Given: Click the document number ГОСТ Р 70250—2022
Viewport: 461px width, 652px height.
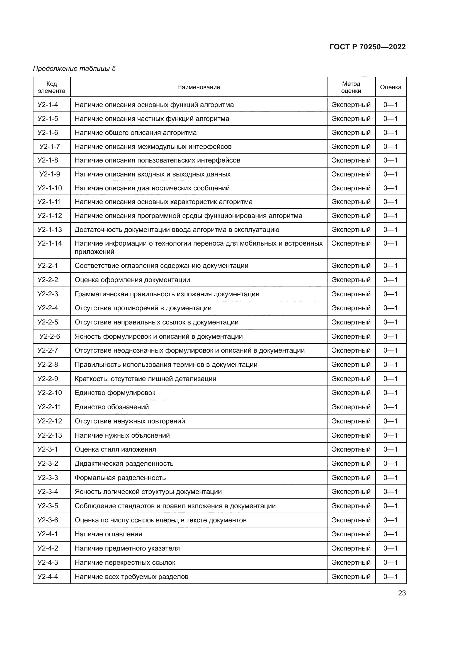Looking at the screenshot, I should tap(368, 47).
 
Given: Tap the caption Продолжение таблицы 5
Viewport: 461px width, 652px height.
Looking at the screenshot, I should tap(74, 69).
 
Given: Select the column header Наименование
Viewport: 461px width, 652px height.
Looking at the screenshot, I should tap(198, 87).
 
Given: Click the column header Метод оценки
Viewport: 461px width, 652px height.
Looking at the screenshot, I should tap(351, 87).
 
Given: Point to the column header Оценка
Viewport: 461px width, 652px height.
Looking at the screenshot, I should tap(390, 87).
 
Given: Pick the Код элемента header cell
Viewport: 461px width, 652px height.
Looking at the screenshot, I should tap(51, 87).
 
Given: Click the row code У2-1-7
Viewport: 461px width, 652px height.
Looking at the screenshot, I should tap(50, 147).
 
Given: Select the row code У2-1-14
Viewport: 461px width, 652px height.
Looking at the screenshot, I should tap(50, 243).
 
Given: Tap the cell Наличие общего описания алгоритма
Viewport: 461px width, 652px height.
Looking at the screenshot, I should tap(135, 133).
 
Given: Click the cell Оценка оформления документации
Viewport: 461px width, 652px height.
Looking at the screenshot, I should tap(132, 280).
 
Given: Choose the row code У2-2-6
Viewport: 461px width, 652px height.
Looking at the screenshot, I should tap(50, 336).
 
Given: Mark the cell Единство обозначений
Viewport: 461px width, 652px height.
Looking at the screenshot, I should tap(111, 407).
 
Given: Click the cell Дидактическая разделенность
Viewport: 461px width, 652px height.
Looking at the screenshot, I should tap(124, 464).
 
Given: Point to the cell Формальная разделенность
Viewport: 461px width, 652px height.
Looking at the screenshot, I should tap(120, 478).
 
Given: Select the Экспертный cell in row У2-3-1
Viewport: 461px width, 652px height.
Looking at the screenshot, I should tap(351, 450).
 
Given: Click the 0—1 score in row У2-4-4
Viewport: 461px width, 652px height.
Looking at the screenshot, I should tap(390, 577).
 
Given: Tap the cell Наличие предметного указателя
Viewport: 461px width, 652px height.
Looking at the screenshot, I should tap(127, 548).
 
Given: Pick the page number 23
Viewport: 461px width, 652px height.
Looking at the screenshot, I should tap(402, 593).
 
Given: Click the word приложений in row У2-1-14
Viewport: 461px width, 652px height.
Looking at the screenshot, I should tap(94, 252).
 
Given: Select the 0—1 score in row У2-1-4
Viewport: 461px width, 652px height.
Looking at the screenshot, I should tap(390, 105).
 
